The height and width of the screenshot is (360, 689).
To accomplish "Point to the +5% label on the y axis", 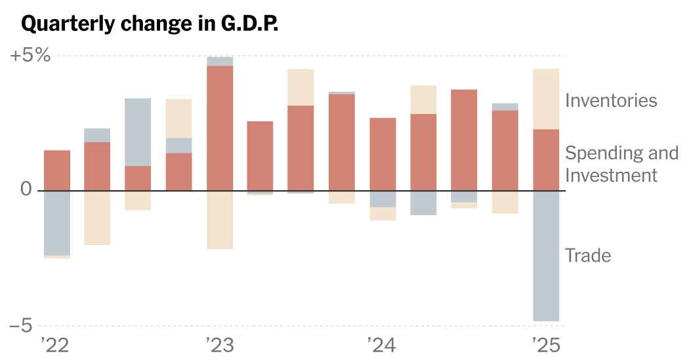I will (x=30, y=55).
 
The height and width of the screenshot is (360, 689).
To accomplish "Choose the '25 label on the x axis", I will (x=545, y=345).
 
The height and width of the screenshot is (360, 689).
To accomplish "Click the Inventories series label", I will (x=610, y=100).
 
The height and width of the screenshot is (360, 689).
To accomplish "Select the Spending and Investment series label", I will (x=621, y=164).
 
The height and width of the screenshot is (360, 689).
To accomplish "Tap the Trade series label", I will (x=587, y=255).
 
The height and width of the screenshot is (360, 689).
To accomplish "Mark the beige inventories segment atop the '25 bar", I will (x=546, y=98).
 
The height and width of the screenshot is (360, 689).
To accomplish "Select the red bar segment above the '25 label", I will (x=546, y=160).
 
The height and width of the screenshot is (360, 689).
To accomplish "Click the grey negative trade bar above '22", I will (x=57, y=223).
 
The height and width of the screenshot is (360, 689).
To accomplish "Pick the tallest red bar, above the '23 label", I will (x=220, y=128).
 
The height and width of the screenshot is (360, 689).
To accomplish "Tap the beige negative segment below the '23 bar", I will (x=220, y=220).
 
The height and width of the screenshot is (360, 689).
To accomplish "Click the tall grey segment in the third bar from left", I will (x=138, y=132).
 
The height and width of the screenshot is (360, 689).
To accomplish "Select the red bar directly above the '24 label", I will (x=383, y=154).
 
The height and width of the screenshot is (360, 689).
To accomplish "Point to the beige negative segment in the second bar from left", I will (x=97, y=218).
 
